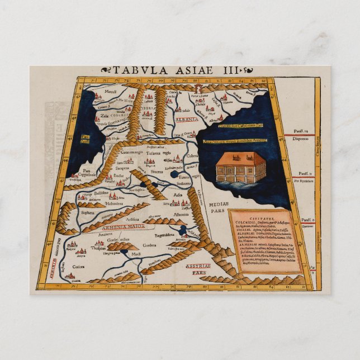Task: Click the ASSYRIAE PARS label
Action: point(198,269)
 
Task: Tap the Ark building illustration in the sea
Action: point(240,167)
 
